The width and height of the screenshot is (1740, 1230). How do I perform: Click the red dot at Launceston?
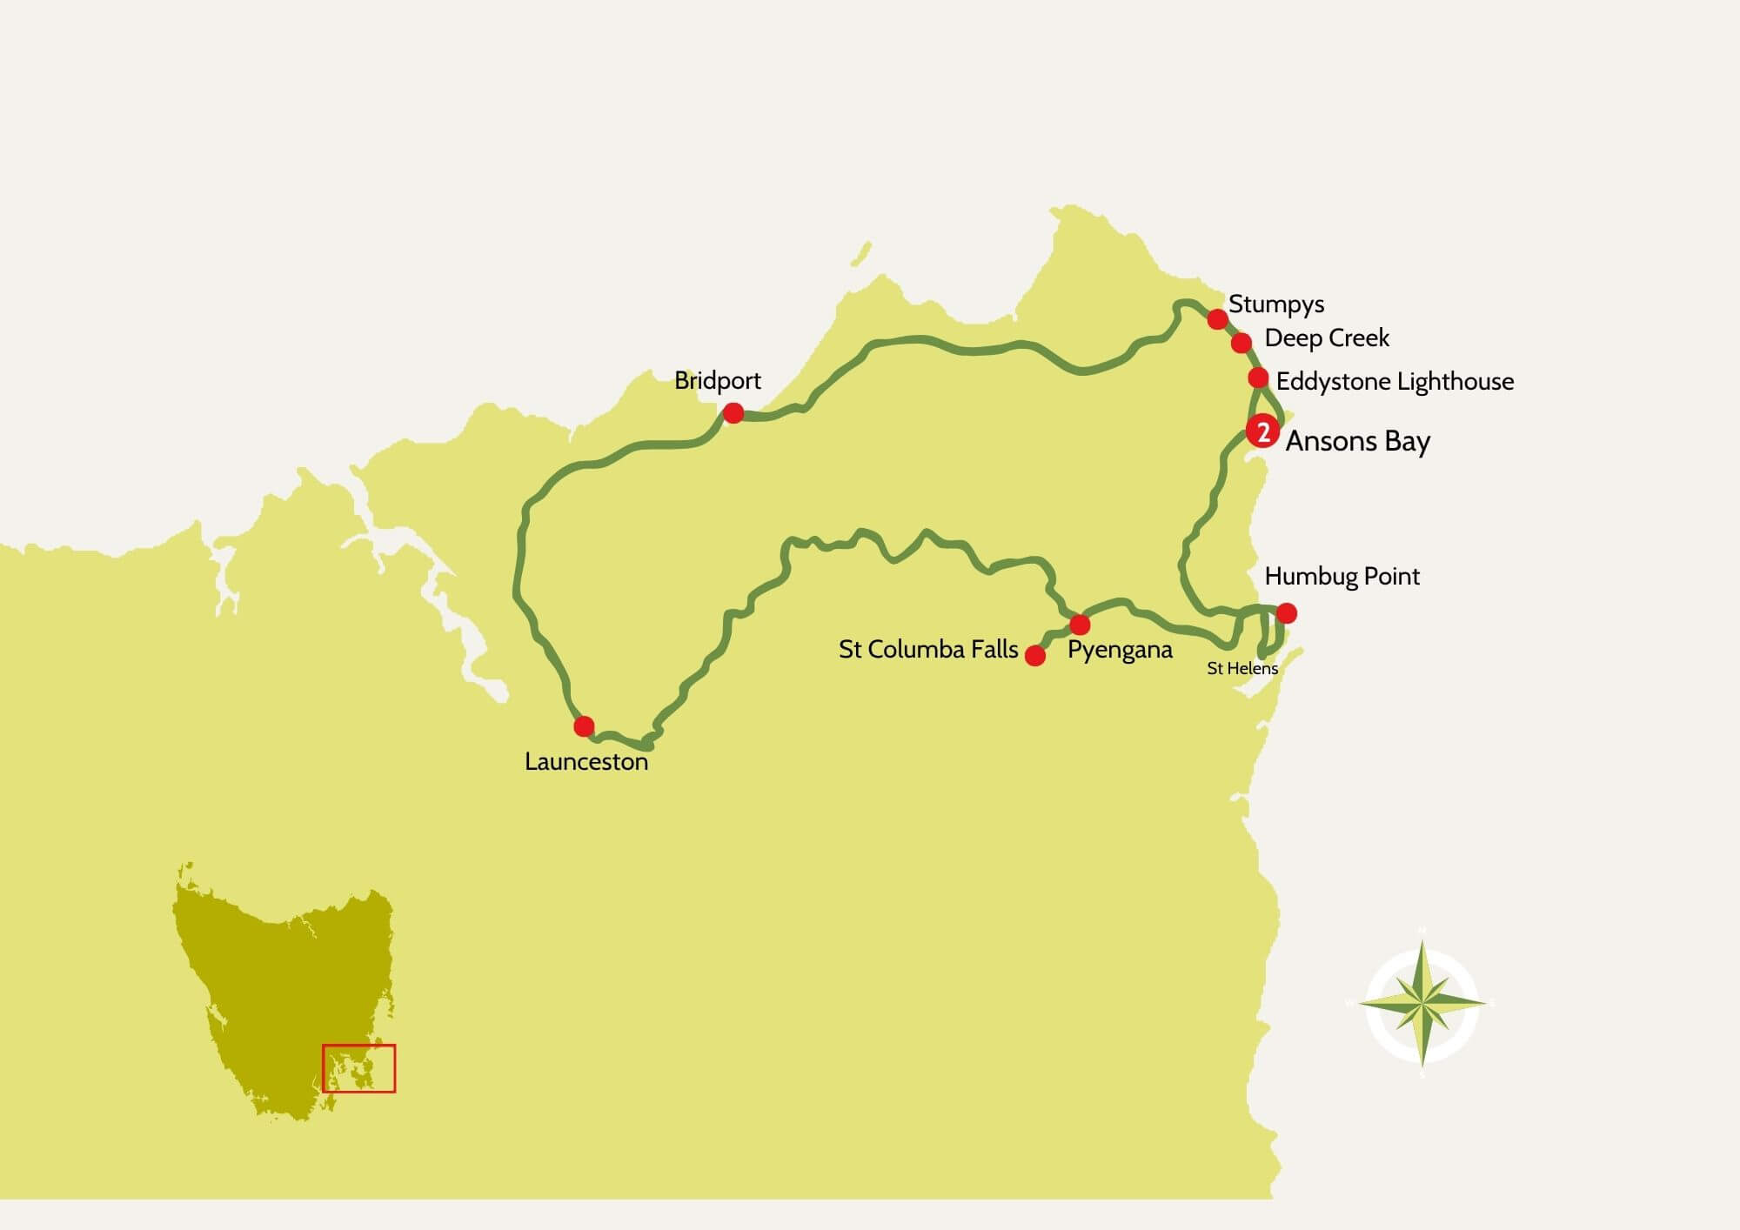584,725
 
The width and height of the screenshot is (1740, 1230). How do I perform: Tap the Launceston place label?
586,762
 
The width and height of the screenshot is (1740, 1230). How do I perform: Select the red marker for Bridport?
733,412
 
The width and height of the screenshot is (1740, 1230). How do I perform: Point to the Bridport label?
717,381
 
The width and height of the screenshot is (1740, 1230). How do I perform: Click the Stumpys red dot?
1218,319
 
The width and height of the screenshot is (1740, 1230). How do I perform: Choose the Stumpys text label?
1276,304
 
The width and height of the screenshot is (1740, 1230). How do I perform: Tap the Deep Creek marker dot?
1241,343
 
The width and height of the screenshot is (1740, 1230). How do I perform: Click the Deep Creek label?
1327,338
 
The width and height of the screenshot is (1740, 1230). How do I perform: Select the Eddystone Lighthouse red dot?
1258,378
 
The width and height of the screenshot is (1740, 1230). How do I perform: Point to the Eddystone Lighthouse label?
1395,381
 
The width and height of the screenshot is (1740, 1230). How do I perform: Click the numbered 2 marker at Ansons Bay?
1262,431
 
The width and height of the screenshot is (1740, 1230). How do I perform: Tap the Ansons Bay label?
1357,441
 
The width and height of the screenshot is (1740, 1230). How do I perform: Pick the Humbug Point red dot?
1286,613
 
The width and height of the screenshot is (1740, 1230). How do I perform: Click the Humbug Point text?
1342,576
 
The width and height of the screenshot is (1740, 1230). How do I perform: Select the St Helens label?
1242,668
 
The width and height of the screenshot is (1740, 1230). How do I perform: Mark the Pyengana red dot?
1080,625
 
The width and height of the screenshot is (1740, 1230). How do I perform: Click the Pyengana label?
1120,650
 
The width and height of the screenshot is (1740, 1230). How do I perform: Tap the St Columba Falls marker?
1035,655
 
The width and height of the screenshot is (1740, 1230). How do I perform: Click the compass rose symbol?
1422,1005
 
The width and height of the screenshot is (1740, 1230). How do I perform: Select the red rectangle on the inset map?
358,1068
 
